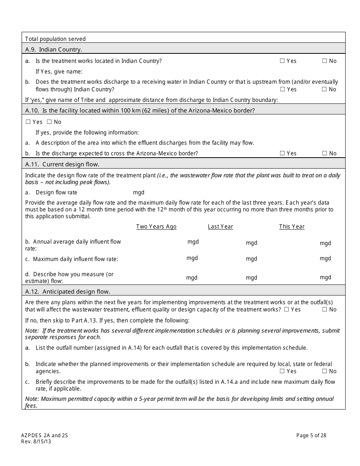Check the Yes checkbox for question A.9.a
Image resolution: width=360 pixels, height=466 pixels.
[282, 61]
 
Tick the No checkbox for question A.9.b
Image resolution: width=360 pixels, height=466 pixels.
[324, 89]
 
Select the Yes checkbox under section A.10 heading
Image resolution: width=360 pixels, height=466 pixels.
[28, 122]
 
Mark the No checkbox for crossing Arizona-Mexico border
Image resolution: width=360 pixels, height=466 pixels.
[324, 153]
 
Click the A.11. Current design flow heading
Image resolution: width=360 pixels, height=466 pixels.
[62, 164]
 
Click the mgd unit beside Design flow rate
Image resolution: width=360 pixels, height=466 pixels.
[138, 192]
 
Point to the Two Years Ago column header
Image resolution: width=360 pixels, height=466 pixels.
[156, 227]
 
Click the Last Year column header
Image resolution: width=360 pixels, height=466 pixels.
[220, 227]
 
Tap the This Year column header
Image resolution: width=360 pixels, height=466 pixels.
[291, 227]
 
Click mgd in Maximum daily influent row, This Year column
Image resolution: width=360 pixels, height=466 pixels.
[325, 258]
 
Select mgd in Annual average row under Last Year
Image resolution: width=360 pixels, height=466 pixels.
[251, 243]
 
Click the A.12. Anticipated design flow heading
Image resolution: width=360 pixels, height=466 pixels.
[67, 292]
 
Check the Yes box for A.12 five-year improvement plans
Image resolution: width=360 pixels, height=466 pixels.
[286, 310]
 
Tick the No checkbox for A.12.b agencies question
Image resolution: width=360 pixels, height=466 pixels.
[324, 371]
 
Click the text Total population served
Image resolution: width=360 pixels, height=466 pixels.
[55, 39]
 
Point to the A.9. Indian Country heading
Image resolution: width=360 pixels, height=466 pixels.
[53, 50]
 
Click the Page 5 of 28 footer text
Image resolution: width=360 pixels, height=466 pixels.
[311, 435]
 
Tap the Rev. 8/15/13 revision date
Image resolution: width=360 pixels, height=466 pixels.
[36, 441]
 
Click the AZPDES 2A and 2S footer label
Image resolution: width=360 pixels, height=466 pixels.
[44, 435]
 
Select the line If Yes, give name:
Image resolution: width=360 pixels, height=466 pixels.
[59, 72]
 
